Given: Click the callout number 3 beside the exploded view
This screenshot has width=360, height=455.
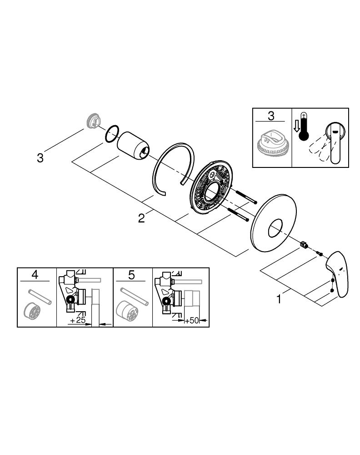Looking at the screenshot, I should (x=40, y=158).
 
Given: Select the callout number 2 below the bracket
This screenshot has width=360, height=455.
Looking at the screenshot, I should (x=142, y=218).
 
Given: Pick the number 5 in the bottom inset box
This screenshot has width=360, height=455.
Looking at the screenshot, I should (x=132, y=275).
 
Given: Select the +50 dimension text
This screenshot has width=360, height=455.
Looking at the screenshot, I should (x=192, y=321).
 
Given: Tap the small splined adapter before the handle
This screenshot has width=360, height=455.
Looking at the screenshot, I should (x=304, y=246).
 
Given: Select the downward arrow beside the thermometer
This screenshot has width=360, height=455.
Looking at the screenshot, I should (x=295, y=126).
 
